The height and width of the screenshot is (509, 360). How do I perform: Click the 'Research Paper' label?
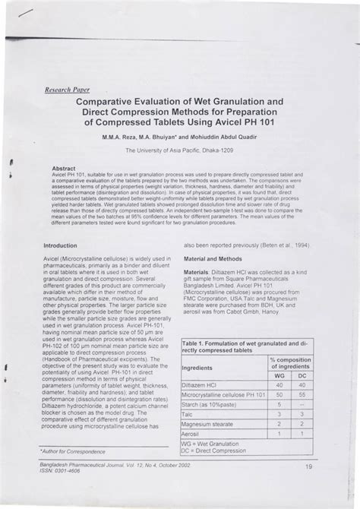click(68, 88)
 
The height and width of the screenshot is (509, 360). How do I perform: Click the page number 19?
click(308, 466)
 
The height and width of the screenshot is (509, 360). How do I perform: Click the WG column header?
click(279, 375)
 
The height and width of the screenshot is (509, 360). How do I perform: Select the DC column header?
click(302, 375)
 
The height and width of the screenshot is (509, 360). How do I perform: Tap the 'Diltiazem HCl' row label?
click(200, 385)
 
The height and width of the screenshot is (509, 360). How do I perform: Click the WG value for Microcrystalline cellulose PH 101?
click(279, 395)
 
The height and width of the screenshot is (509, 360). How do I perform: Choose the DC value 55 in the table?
click(302, 395)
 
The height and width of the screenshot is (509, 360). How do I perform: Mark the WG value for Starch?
click(279, 405)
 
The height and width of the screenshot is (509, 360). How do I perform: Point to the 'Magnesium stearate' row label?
click(207, 424)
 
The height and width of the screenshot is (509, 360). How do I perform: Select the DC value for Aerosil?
click(302, 434)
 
